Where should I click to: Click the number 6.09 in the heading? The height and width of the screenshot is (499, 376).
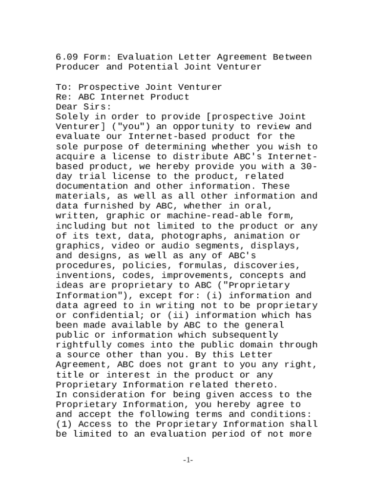point(66,57)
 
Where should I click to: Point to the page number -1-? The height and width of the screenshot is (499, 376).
point(188,460)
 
